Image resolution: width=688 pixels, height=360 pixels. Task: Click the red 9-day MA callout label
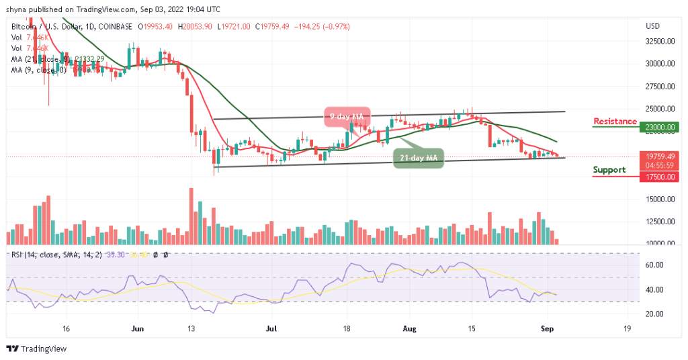(x=346, y=116)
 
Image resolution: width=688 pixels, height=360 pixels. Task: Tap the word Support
(x=609, y=170)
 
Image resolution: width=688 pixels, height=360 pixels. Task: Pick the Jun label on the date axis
(x=138, y=329)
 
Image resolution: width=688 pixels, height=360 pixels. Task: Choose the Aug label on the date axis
(x=409, y=329)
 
